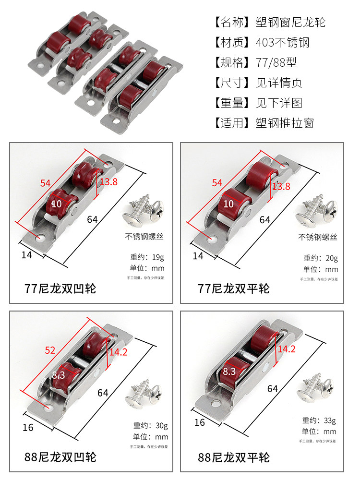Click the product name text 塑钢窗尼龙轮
tap(291, 22)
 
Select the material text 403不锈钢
tap(283, 43)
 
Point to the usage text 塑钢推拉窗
tap(285, 123)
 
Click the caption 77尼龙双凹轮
tap(60, 288)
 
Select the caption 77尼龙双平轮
tap(234, 288)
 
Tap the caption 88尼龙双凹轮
tap(60, 456)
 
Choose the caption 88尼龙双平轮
tap(234, 456)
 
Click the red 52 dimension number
tap(50, 350)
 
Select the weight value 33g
tap(330, 421)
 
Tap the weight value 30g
tap(161, 425)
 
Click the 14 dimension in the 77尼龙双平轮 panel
tap(198, 256)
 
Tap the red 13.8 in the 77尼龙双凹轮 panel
tap(108, 182)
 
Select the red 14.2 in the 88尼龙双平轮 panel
tap(287, 349)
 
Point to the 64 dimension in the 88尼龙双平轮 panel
tap(273, 388)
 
